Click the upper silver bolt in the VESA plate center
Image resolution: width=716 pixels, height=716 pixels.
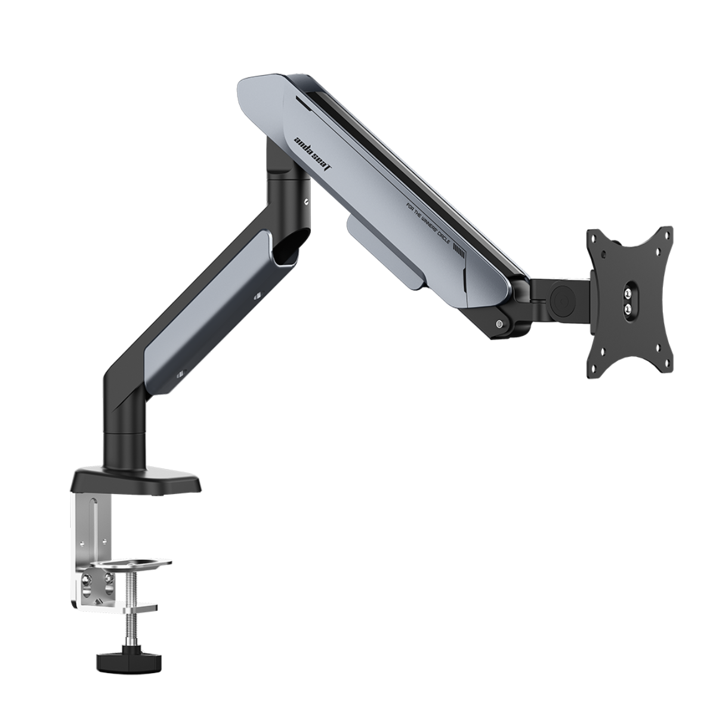[627, 293]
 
